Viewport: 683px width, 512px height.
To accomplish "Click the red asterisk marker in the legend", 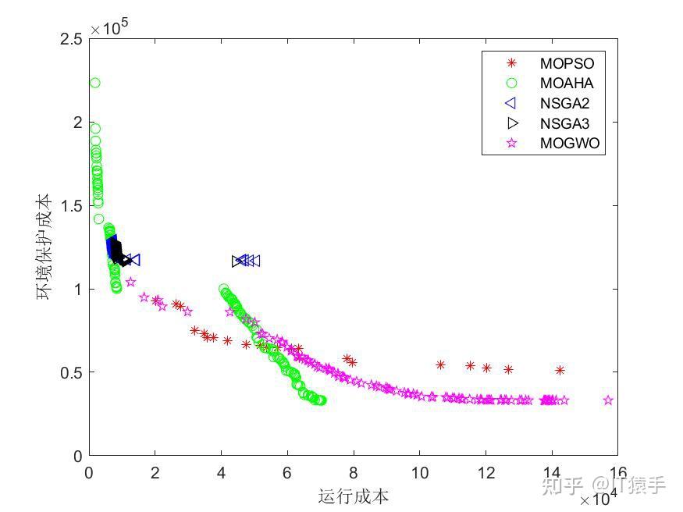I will [x=512, y=63].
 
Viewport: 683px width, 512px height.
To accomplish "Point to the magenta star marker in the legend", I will [x=512, y=144].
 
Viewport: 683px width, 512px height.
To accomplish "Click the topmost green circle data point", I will [x=94, y=83].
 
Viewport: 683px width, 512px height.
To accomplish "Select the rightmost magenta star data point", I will [x=608, y=400].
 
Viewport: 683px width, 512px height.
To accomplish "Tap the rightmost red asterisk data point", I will [x=560, y=370].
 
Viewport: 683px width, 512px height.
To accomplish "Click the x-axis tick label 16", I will [x=617, y=472].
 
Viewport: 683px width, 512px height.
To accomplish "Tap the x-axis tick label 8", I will [x=354, y=472].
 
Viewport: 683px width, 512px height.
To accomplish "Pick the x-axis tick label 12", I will [x=486, y=472].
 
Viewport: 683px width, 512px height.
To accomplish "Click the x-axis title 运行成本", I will [x=353, y=496].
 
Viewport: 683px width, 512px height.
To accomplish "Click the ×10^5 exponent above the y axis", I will [x=108, y=28].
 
